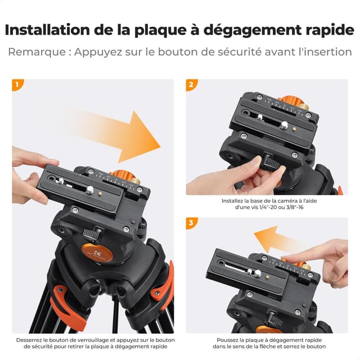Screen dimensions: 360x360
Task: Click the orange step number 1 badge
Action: click(18, 85)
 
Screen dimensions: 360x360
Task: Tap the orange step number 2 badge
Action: click(192, 85)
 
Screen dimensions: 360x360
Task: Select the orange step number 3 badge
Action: click(192, 223)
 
